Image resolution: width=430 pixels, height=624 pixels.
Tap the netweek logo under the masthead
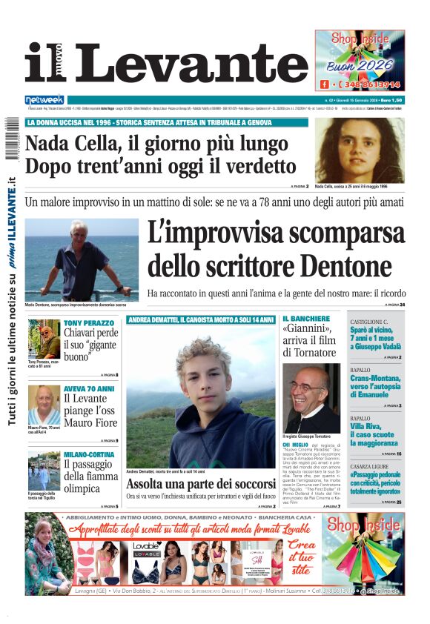(x=44, y=100)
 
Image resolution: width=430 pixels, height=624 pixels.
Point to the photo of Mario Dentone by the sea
(x=82, y=259)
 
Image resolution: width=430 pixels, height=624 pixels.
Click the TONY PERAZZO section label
(x=89, y=324)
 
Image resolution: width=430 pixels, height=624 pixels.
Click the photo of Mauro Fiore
(x=44, y=405)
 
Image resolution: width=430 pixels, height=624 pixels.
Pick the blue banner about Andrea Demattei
(x=200, y=320)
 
